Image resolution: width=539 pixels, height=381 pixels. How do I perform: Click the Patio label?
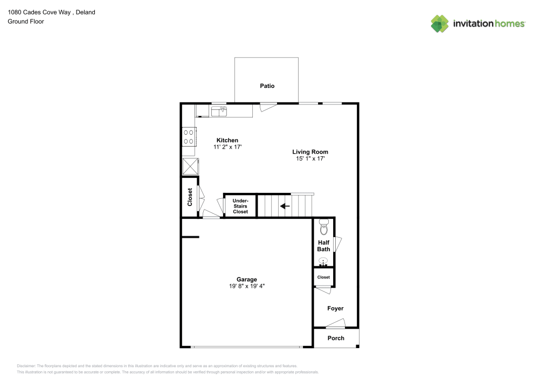[x=267, y=86]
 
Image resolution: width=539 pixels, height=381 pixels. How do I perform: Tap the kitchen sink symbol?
[x=219, y=111]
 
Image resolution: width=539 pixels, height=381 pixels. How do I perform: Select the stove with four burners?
[x=189, y=136]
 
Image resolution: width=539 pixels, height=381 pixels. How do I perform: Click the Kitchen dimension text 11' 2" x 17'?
[x=227, y=147]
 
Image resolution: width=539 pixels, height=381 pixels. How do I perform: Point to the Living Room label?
[x=310, y=152]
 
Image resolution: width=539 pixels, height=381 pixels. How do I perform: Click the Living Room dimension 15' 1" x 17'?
[x=310, y=159]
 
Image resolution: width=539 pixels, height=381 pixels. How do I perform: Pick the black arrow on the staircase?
[x=285, y=206]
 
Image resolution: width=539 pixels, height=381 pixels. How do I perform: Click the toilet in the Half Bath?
[x=323, y=228]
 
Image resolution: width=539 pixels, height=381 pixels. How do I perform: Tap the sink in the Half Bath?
[x=323, y=262]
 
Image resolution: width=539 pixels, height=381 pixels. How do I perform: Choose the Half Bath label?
[x=323, y=246]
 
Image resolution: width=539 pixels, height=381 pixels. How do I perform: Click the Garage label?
[x=246, y=279]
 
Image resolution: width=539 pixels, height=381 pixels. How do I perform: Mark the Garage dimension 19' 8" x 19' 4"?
[x=246, y=287]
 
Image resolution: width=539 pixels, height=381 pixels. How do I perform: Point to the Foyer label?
[x=335, y=308]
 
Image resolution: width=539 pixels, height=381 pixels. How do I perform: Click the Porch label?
[x=336, y=338]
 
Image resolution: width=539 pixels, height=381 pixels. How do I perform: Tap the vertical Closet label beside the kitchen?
[x=190, y=197]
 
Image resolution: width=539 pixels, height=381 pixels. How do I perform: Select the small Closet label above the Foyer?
[x=323, y=277]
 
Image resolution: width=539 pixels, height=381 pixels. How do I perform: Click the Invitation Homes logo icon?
[x=439, y=23]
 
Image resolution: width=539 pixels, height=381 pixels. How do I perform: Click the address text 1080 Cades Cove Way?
[x=40, y=12]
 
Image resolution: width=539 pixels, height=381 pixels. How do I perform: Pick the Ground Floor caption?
[x=25, y=22]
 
